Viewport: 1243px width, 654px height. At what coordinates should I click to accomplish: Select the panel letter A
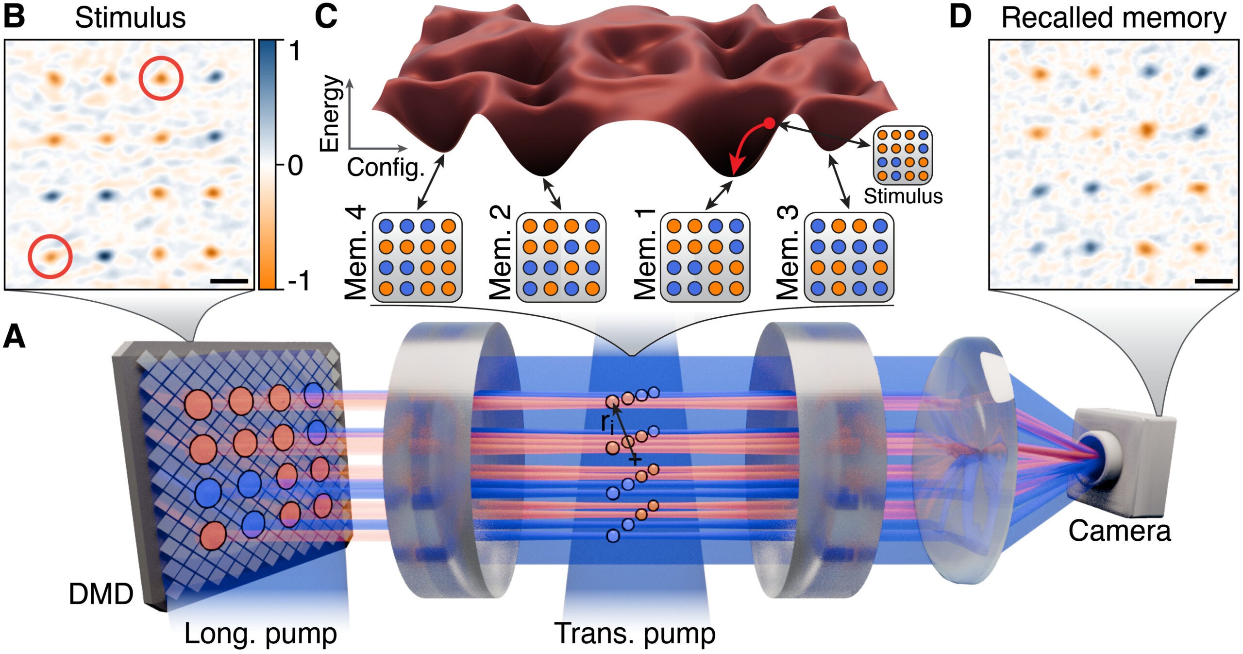[x=14, y=337]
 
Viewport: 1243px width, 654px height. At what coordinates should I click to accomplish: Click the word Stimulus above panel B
[x=130, y=18]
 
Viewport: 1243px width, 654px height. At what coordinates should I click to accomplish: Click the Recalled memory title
[x=1114, y=18]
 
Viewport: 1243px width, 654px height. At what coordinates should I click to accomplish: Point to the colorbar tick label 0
[x=295, y=166]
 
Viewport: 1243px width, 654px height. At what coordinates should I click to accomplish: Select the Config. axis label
[x=386, y=168]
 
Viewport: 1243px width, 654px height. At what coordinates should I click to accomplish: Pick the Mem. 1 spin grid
[x=705, y=257]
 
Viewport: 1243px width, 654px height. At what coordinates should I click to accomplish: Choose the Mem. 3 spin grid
[x=849, y=257]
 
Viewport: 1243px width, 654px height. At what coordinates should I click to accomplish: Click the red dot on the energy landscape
[x=769, y=123]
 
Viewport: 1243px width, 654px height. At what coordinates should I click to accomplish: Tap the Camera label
[x=1119, y=530]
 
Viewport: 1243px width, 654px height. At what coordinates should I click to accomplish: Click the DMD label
[x=101, y=594]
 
